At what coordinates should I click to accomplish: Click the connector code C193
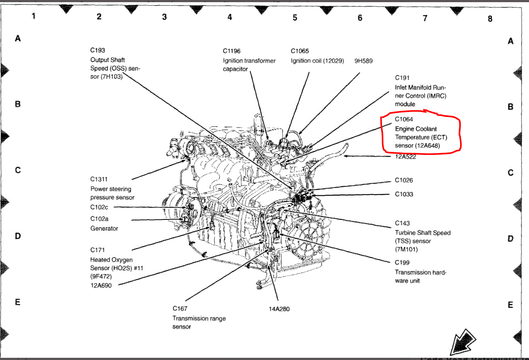click(x=98, y=51)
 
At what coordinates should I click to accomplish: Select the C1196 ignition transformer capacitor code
click(x=232, y=51)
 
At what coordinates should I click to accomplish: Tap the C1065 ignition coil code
click(x=300, y=51)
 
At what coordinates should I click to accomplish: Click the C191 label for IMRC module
click(x=402, y=78)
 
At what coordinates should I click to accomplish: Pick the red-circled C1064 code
click(x=404, y=119)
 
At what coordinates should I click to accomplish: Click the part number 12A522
click(x=406, y=157)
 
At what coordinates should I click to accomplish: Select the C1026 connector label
click(x=404, y=180)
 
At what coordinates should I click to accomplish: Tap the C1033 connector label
click(x=404, y=194)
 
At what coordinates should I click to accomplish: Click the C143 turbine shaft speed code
click(x=402, y=223)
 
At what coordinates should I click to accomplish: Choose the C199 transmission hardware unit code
click(x=402, y=263)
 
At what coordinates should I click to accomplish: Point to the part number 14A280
click(x=279, y=309)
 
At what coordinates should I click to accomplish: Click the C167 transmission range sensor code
click(x=180, y=309)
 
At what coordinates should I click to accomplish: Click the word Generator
click(x=104, y=228)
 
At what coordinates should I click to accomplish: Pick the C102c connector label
click(x=99, y=207)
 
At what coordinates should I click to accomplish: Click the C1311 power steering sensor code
click(x=99, y=179)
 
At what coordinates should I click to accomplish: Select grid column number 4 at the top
click(x=230, y=17)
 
